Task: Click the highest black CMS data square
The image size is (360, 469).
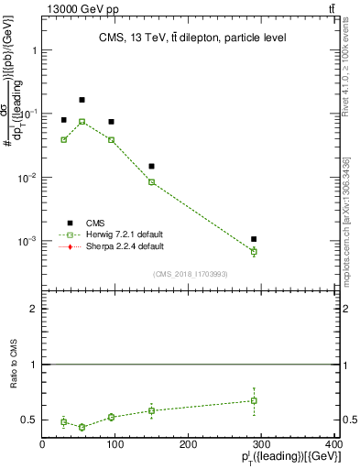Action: coord(82,100)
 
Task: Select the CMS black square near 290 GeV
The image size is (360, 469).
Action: coord(254,239)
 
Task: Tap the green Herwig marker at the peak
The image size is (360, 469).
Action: coord(82,122)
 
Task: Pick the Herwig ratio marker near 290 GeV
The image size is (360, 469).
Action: coord(254,400)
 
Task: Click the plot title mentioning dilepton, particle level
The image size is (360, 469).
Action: coord(191,38)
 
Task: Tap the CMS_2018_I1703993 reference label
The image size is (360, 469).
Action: coord(191,274)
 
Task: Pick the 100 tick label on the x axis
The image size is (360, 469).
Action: coord(115,445)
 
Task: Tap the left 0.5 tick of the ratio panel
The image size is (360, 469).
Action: coord(32,420)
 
